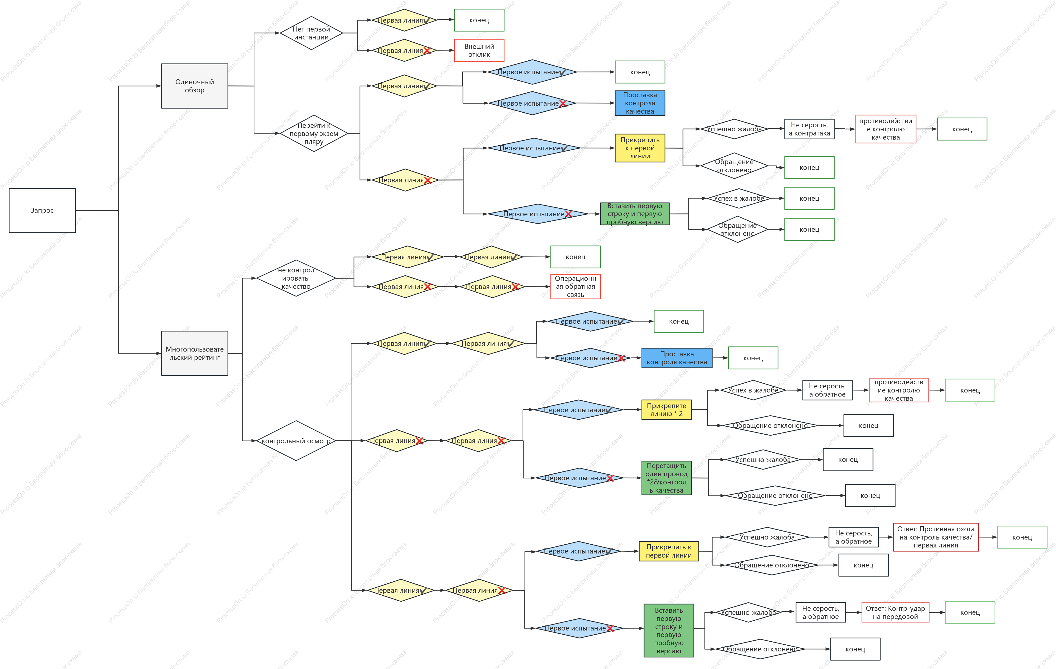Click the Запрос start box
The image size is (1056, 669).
click(x=42, y=211)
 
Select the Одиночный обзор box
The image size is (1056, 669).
click(x=195, y=86)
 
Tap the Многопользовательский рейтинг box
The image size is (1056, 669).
click(x=195, y=353)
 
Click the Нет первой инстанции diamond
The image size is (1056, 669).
click(x=311, y=33)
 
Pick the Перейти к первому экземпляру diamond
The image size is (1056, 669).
click(x=314, y=133)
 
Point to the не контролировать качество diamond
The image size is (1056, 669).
click(x=296, y=278)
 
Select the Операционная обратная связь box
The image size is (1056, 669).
click(x=575, y=286)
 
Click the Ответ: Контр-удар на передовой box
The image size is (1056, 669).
click(x=895, y=612)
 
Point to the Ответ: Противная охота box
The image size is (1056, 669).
click(x=936, y=537)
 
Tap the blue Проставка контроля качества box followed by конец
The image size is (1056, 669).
click(x=677, y=358)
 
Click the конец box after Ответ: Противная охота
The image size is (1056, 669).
click(x=1022, y=537)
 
